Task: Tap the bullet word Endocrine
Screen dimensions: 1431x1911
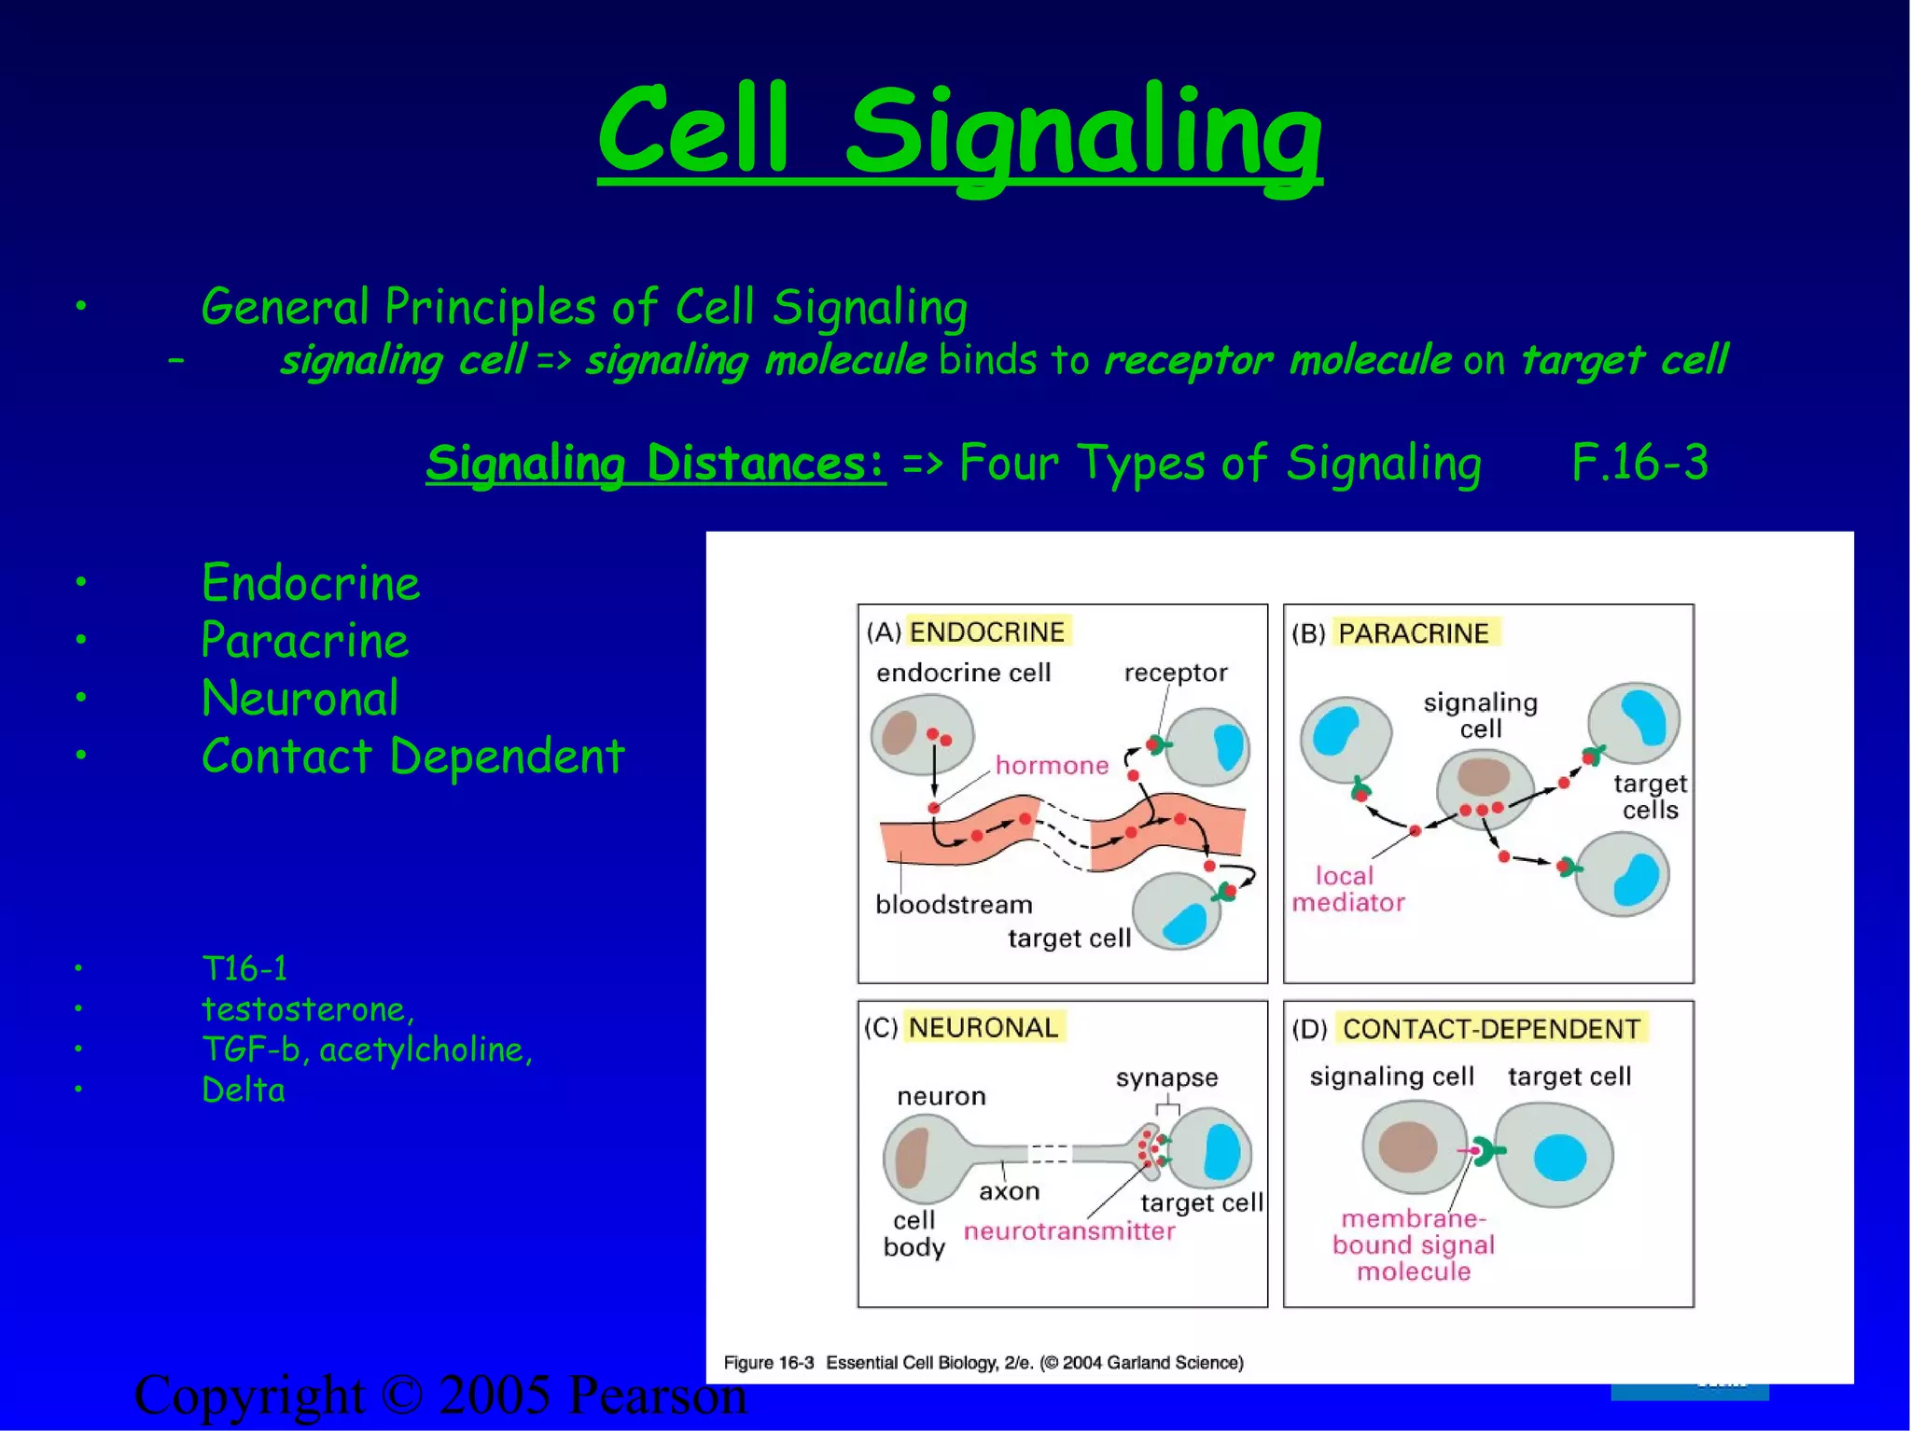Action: click(311, 584)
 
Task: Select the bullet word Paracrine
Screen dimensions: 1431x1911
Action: click(305, 642)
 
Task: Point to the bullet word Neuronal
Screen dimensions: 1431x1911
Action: click(300, 699)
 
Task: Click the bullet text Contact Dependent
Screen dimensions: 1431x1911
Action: click(413, 757)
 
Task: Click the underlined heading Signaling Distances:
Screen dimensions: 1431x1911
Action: click(655, 464)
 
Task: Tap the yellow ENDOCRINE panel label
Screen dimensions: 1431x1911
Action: click(987, 632)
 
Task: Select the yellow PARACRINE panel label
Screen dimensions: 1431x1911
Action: click(1414, 633)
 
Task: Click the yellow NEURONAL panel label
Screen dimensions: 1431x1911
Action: click(983, 1028)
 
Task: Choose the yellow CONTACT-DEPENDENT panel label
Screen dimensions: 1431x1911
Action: click(1491, 1029)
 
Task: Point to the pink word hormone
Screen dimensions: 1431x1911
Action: click(1052, 766)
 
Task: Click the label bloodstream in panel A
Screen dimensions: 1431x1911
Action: click(954, 905)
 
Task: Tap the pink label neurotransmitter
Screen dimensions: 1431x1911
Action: click(1069, 1231)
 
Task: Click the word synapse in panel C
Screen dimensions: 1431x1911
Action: click(1166, 1078)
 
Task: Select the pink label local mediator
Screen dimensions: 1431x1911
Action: click(1347, 889)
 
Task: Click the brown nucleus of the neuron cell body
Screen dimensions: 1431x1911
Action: click(912, 1158)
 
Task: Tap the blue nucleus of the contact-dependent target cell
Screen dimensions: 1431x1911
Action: click(1559, 1157)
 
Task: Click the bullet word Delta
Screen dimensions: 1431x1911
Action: click(244, 1091)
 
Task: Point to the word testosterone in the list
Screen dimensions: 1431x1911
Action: click(304, 1009)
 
